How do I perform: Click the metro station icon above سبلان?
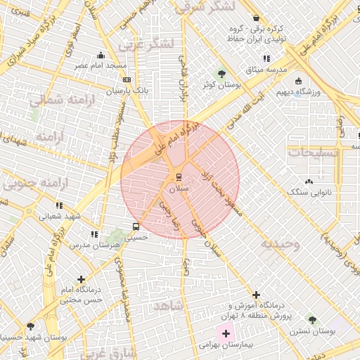pyautogui.click(x=178, y=176)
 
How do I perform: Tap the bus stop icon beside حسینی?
pyautogui.click(x=136, y=226)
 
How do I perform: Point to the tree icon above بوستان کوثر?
pyautogui.click(x=222, y=73)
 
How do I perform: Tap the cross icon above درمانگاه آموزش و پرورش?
pyautogui.click(x=256, y=295)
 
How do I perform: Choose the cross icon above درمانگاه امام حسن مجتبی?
pyautogui.click(x=82, y=279)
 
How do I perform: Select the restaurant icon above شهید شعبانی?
pyautogui.click(x=59, y=205)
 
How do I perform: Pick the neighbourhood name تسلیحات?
pyautogui.click(x=313, y=151)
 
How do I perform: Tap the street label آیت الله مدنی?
pyautogui.click(x=245, y=112)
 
